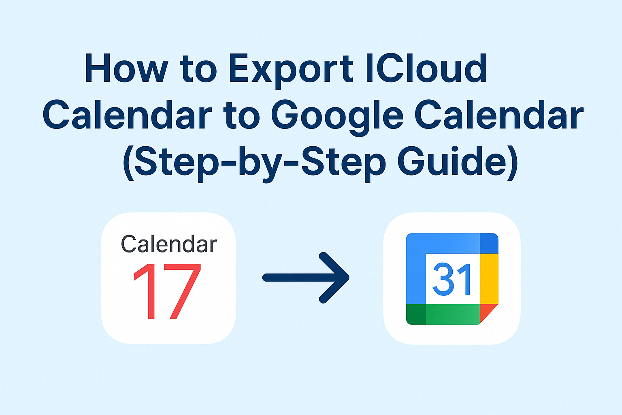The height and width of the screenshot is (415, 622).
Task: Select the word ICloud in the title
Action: point(426,68)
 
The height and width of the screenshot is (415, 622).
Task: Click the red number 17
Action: point(167,291)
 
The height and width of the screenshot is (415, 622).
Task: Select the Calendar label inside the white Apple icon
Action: point(169,244)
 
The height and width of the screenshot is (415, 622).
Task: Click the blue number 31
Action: point(452,279)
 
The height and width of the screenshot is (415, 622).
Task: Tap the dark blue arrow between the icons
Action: point(306,278)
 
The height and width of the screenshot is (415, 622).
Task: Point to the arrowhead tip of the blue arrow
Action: point(349,278)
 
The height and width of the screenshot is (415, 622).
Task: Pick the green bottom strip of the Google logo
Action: point(453,314)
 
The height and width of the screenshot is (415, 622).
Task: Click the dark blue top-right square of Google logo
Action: point(489,244)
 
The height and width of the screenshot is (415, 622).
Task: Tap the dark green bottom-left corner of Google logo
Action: point(416,314)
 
